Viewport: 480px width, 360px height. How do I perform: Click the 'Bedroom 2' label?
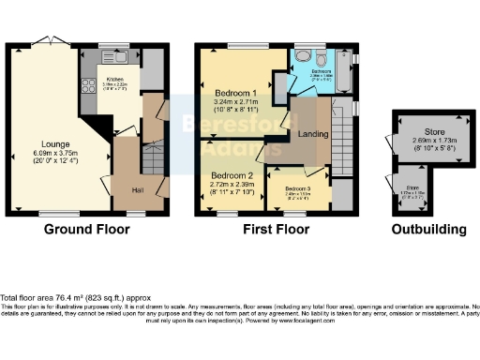click(232, 175)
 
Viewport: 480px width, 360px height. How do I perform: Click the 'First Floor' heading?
click(277, 229)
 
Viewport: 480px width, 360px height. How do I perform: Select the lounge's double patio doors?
click(46, 42)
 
